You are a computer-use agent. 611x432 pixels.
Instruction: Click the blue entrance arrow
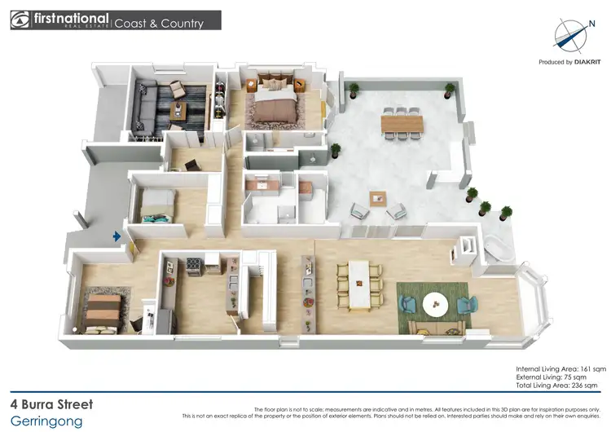pos(118,236)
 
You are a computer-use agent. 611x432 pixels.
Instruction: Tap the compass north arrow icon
pos(570,33)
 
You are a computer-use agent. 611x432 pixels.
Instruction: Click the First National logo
pos(61,20)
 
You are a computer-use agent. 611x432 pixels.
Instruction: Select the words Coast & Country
pos(159,23)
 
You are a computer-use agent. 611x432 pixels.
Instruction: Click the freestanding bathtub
pos(498,249)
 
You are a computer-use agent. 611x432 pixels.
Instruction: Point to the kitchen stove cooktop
pos(195,262)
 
